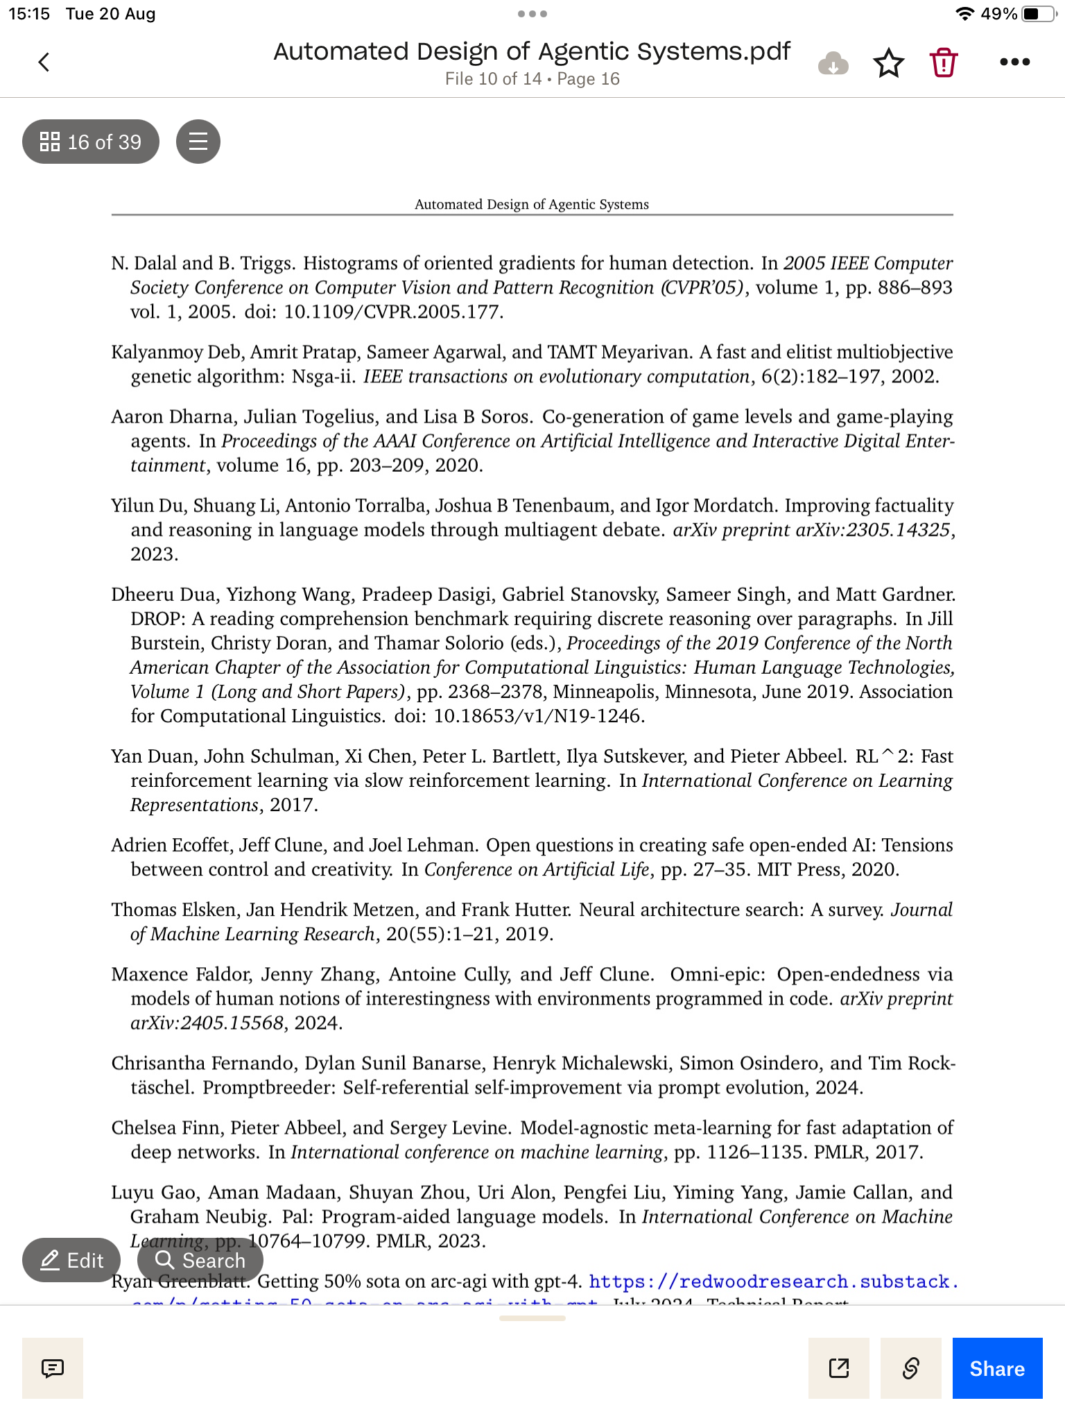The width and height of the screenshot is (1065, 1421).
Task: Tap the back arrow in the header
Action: tap(44, 62)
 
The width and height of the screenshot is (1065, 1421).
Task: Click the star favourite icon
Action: tap(888, 63)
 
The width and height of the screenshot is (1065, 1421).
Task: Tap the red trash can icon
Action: tap(943, 62)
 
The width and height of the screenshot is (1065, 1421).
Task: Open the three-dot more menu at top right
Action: tap(1014, 62)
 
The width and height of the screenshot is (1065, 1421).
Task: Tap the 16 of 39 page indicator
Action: tap(91, 142)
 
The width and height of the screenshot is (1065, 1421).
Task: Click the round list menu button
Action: tap(198, 142)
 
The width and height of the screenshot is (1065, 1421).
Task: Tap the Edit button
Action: tap(71, 1260)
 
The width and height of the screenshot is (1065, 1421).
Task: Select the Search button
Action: tap(200, 1260)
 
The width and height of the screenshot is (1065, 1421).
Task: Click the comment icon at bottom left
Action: tap(53, 1368)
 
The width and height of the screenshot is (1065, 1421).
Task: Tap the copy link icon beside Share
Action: tap(910, 1368)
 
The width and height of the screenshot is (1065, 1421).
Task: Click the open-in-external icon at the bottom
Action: tap(839, 1368)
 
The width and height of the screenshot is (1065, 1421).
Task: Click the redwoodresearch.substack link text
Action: tap(773, 1282)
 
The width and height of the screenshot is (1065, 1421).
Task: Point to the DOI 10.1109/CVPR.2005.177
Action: tap(392, 312)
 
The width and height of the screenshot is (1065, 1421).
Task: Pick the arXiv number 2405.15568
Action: tap(232, 1023)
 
